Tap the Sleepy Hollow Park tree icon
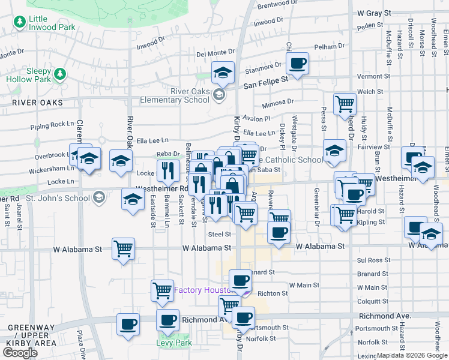[59, 74]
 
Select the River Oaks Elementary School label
[173, 95]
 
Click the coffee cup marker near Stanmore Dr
[298, 64]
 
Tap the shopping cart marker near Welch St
[345, 103]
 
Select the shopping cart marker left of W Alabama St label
[123, 248]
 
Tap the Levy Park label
[173, 343]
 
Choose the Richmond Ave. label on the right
[384, 316]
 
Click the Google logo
[20, 352]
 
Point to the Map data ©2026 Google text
[412, 356]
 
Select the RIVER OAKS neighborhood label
[37, 103]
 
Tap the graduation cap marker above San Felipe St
[223, 73]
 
